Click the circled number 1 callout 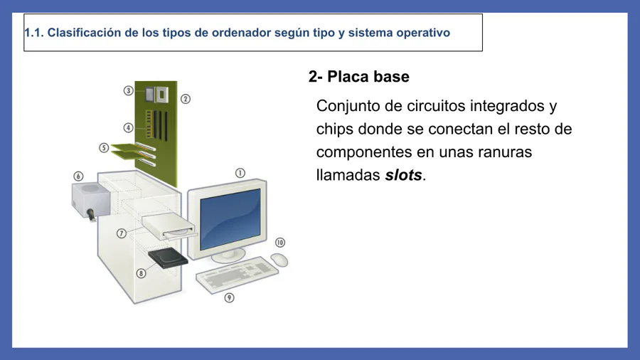coord(240,173)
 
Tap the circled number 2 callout coord(186,99)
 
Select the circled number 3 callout coord(129,90)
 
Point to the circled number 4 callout coord(128,128)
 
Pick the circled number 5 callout coord(104,148)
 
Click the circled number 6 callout coord(78,176)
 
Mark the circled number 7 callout coord(121,233)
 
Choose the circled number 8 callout coord(142,273)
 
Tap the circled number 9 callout coord(230,298)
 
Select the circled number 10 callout coord(280,243)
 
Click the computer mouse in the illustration coord(279,260)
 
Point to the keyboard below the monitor coord(237,274)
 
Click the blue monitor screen coord(230,219)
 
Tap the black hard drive coord(168,258)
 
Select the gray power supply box coord(90,200)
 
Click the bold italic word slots coord(403,175)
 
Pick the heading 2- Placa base coord(359,77)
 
